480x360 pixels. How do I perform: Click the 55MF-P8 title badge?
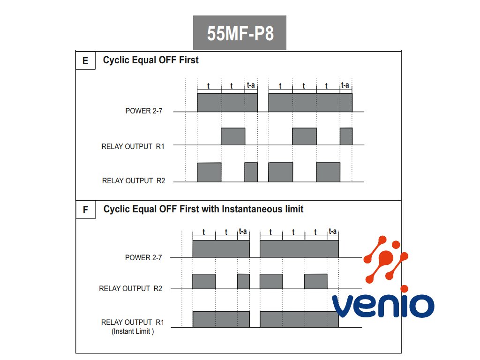[240, 33]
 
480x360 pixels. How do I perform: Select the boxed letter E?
[85, 61]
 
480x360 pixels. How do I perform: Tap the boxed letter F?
[85, 210]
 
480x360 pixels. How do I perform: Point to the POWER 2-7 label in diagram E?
[144, 111]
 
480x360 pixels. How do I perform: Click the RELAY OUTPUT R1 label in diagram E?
[133, 146]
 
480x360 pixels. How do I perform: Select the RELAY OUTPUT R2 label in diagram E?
[134, 180]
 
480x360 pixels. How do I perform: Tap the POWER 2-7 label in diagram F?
[143, 257]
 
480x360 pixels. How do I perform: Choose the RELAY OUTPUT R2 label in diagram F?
[131, 289]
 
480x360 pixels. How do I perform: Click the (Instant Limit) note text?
[133, 331]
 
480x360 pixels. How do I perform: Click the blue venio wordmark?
[383, 305]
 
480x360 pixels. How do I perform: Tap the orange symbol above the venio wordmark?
[386, 261]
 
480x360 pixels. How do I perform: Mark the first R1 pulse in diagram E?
[233, 136]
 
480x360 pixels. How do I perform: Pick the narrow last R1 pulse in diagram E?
[346, 136]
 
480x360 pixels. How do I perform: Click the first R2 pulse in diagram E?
[209, 172]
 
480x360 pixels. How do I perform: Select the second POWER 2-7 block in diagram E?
[310, 102]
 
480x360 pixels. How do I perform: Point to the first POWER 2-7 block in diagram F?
[221, 249]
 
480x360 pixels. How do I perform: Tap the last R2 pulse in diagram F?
[315, 281]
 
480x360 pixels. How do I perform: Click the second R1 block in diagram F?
[299, 319]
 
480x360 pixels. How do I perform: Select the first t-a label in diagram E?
[251, 85]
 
